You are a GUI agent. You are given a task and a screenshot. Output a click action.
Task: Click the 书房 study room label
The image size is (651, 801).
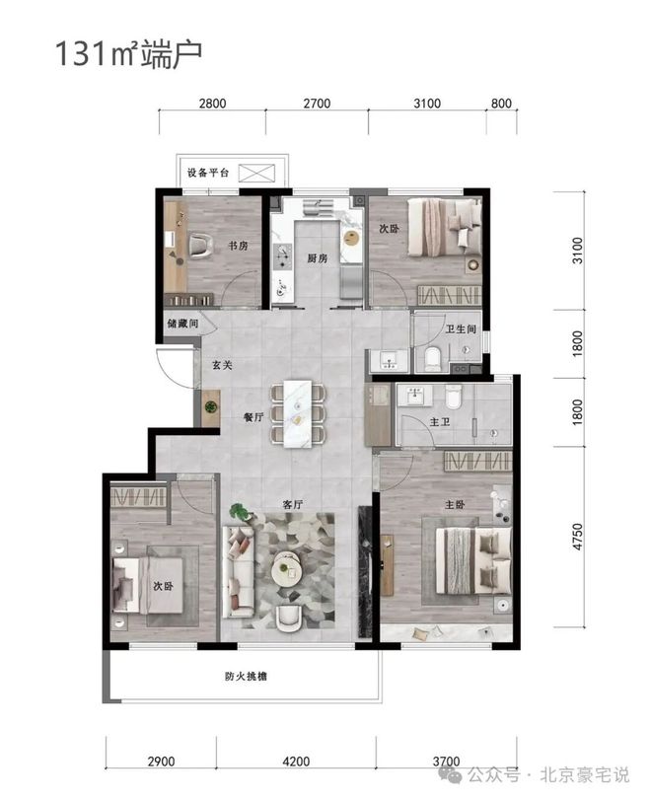[x=238, y=246]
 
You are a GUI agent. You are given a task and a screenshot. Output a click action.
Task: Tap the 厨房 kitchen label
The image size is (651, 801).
[x=317, y=258]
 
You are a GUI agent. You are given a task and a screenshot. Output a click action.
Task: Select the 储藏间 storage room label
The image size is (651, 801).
[x=182, y=324]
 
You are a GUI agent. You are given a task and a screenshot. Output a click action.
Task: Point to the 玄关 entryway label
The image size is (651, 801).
[x=222, y=365]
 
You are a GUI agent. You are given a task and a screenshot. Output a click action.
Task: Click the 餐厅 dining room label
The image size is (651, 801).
[x=253, y=417]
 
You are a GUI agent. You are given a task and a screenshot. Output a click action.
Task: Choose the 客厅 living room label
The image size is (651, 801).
[x=292, y=505]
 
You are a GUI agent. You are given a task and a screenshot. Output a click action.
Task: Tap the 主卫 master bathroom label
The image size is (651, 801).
[x=440, y=422]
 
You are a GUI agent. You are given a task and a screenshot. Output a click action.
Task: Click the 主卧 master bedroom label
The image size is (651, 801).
[x=455, y=505]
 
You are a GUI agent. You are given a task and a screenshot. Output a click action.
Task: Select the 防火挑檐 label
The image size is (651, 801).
[x=246, y=677]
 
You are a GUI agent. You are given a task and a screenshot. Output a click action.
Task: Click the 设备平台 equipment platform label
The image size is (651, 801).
[x=208, y=173]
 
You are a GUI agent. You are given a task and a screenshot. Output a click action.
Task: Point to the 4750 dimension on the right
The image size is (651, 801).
[x=577, y=537]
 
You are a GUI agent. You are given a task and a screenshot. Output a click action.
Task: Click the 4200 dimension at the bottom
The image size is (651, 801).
[x=296, y=762]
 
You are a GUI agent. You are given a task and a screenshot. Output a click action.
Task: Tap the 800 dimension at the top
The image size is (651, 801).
[x=501, y=104]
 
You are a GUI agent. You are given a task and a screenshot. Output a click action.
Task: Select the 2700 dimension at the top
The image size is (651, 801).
[x=317, y=104]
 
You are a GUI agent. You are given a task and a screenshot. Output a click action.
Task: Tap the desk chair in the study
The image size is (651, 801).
[x=200, y=245]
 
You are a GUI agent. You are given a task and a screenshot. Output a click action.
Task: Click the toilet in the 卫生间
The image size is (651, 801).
[x=433, y=358]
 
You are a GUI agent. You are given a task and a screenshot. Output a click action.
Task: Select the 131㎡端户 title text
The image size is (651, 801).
[x=128, y=53]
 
